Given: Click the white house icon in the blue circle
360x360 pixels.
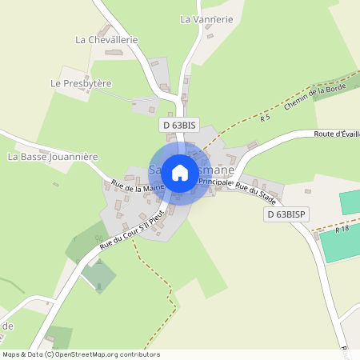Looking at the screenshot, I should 180,172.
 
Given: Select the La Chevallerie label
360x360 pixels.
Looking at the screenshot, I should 107,39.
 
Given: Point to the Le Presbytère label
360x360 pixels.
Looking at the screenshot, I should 81,83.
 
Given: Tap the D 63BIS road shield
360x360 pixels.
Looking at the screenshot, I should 178,126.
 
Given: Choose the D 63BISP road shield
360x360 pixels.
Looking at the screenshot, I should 287,214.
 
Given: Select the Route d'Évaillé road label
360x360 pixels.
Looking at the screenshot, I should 337,134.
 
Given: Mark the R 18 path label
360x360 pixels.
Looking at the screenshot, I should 343,230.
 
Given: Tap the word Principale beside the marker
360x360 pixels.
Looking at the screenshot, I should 214,182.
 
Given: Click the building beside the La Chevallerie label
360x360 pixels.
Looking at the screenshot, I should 113,53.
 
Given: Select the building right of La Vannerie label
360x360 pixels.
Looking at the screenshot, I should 210,35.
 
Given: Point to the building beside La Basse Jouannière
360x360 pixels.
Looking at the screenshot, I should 55,184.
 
